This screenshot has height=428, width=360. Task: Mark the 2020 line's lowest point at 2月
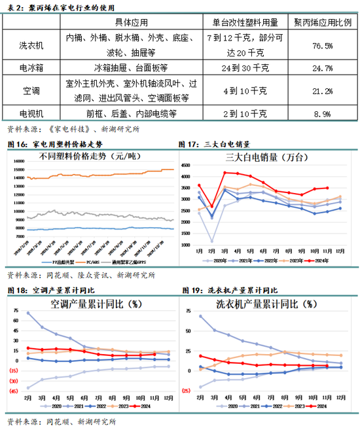click(211, 241)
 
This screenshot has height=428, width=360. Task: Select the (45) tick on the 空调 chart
click(12, 392)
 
